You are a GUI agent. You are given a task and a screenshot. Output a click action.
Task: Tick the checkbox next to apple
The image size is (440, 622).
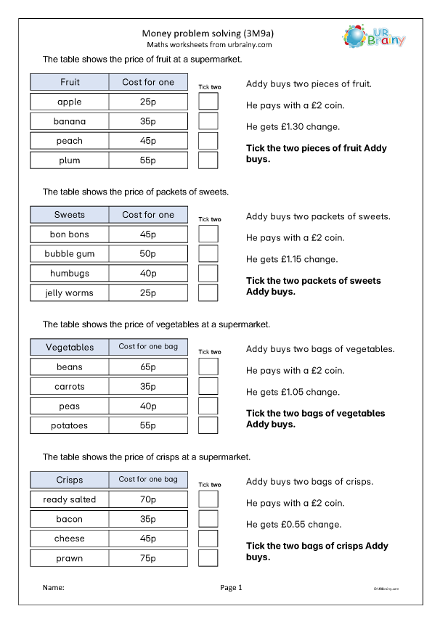point(208,102)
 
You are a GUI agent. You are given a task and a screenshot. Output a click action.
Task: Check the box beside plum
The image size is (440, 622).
point(208,160)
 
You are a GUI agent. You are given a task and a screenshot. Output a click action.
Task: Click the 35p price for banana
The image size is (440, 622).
point(148,121)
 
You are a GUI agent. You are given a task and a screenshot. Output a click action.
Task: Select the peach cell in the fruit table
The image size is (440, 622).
point(70,141)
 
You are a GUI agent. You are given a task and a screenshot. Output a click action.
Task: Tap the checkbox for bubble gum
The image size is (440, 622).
point(208,254)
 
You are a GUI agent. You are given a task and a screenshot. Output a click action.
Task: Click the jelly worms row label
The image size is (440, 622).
point(70,293)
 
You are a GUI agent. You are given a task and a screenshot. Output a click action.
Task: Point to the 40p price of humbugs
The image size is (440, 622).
point(148,274)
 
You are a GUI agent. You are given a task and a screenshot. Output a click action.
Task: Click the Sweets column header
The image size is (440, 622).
point(70,215)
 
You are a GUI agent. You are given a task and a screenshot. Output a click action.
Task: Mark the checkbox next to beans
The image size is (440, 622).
point(208,367)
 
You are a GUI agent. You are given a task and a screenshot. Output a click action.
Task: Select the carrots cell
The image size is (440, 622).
point(70,387)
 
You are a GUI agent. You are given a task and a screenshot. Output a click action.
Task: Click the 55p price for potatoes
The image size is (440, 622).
point(148,426)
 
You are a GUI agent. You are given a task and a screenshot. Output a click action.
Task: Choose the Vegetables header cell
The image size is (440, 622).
point(70,348)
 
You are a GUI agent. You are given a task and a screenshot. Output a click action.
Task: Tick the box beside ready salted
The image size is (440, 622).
point(208,499)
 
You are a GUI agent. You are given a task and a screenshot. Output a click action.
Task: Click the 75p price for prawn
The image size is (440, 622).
point(148,558)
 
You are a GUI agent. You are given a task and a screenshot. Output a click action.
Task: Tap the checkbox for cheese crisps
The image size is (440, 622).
point(208,539)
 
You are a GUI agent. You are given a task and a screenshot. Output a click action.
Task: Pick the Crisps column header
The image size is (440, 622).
point(70,480)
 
